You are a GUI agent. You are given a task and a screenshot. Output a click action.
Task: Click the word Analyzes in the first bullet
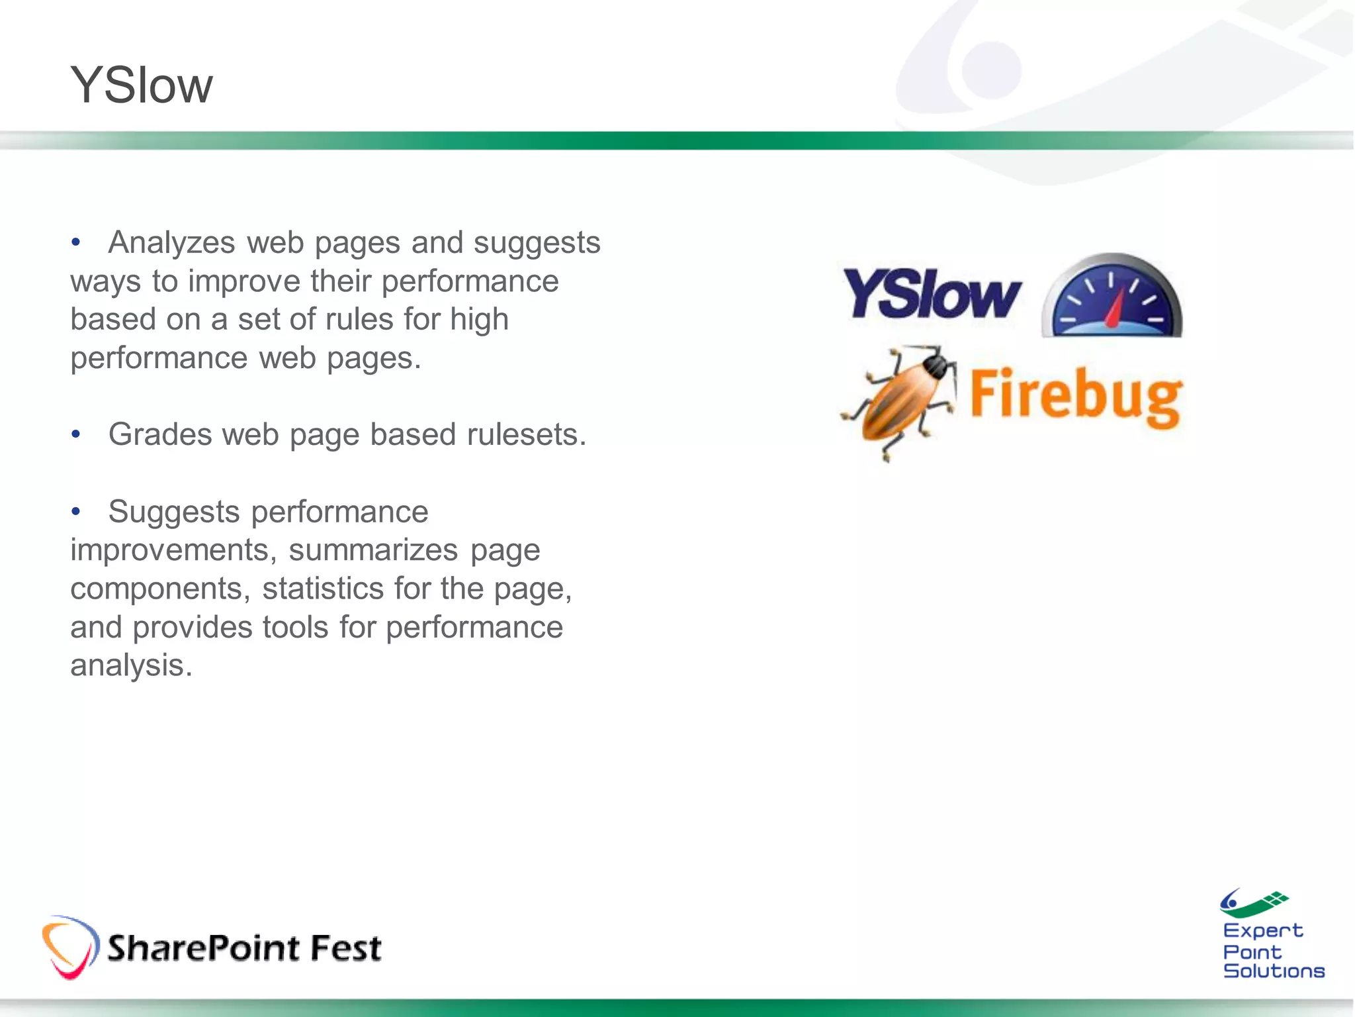[171, 242]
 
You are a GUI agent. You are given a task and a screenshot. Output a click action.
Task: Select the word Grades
[160, 435]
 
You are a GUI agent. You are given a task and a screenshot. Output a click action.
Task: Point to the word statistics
[322, 589]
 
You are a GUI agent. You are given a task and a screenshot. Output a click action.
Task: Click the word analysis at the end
[131, 665]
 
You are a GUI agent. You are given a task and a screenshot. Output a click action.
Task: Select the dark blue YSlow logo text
[932, 294]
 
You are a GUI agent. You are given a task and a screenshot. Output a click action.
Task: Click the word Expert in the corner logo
[1262, 931]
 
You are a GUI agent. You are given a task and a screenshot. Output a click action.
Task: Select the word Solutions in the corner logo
[1274, 971]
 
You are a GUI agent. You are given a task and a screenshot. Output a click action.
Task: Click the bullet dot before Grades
[76, 435]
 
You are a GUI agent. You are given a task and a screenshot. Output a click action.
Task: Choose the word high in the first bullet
[479, 319]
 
